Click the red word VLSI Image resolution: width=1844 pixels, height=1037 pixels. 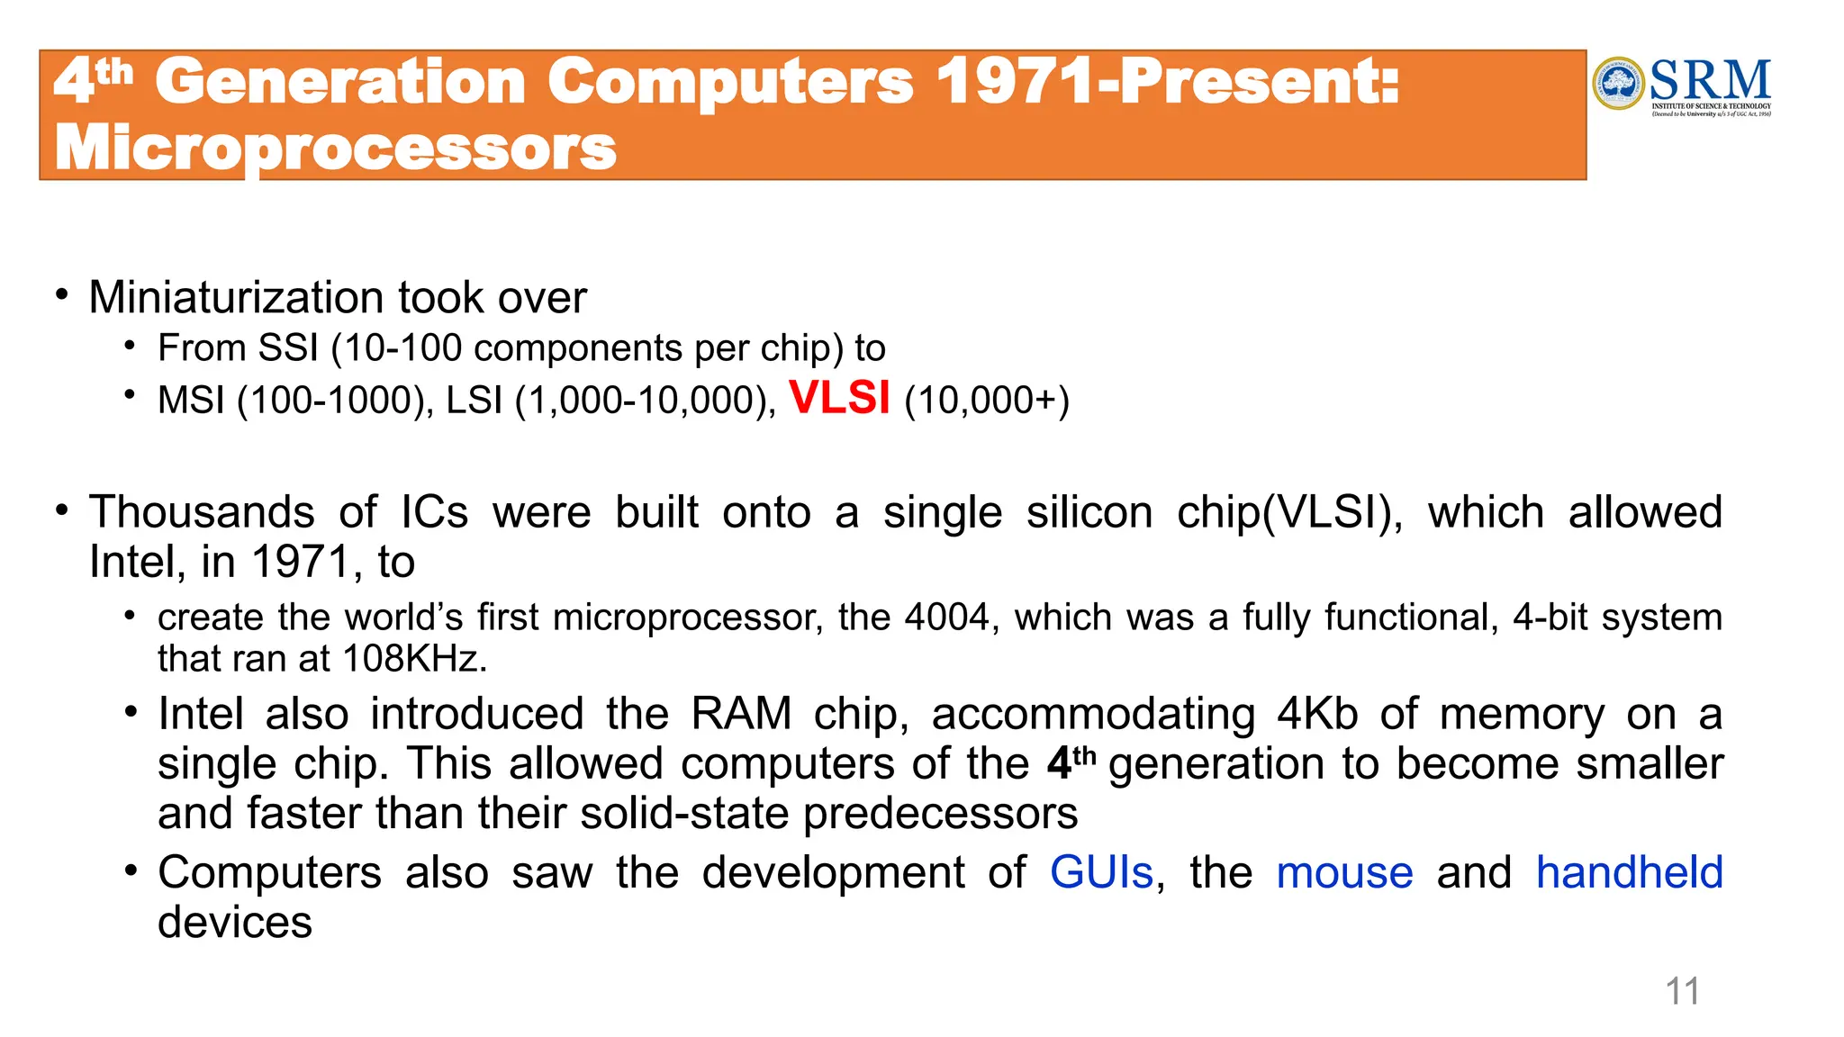[x=839, y=398]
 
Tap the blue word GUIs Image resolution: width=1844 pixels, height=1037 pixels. [x=1101, y=872]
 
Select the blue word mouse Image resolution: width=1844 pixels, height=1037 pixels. [x=1344, y=872]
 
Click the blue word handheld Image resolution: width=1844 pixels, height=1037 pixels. [x=1629, y=872]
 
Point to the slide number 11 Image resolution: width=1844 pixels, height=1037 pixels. [x=1682, y=991]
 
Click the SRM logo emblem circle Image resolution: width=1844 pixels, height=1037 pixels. [x=1619, y=84]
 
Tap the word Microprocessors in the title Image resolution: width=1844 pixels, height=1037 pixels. [x=335, y=148]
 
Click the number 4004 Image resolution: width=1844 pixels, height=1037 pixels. [x=946, y=618]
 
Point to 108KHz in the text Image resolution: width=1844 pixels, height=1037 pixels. [x=414, y=659]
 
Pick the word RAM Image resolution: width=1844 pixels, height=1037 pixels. [x=741, y=714]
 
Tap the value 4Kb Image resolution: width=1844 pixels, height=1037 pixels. [x=1317, y=714]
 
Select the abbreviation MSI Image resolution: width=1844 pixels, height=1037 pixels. [x=191, y=401]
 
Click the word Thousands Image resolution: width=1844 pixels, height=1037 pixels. [x=202, y=512]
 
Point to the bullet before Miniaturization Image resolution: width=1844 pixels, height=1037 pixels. [x=61, y=294]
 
